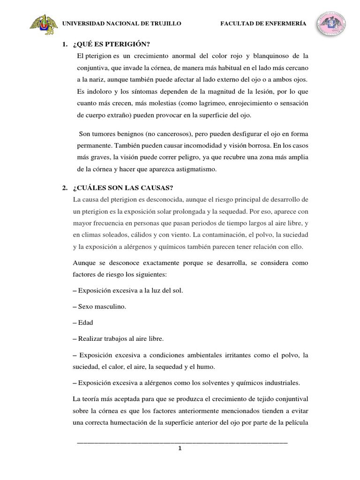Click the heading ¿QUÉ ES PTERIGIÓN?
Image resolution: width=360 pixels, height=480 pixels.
pos(112,45)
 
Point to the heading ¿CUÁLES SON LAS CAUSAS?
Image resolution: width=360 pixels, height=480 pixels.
pos(123,188)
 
